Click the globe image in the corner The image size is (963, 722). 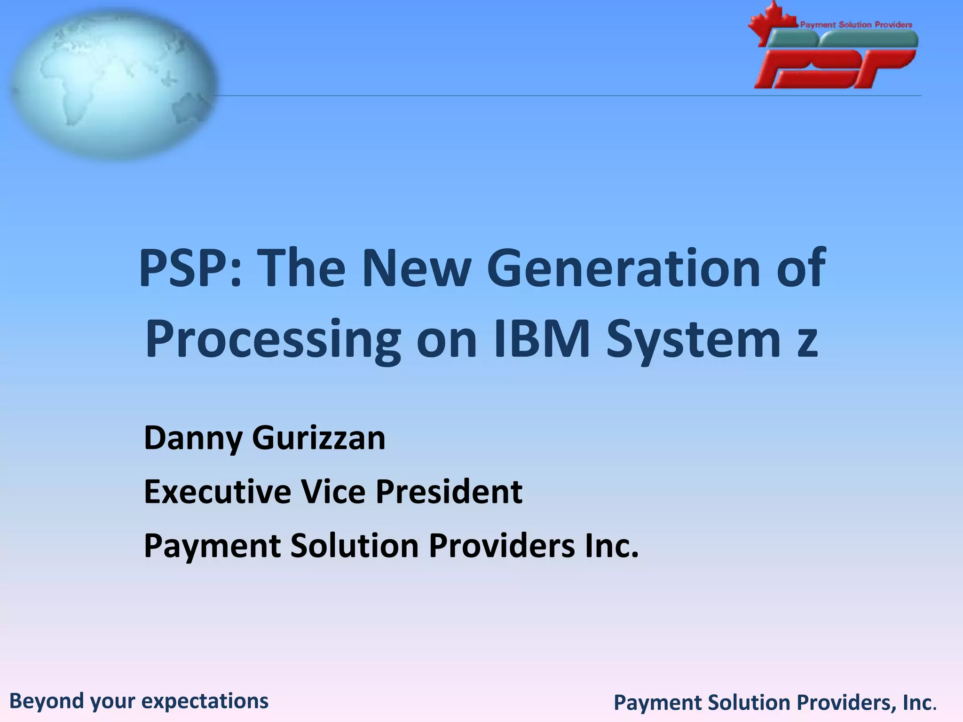pyautogui.click(x=113, y=85)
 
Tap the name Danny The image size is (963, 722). pyautogui.click(x=193, y=438)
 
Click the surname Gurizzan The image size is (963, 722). pyautogui.click(x=318, y=438)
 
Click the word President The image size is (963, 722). pyautogui.click(x=449, y=492)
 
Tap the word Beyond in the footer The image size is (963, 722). pyautogui.click(x=47, y=701)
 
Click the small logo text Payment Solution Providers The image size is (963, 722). pyautogui.click(x=856, y=25)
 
